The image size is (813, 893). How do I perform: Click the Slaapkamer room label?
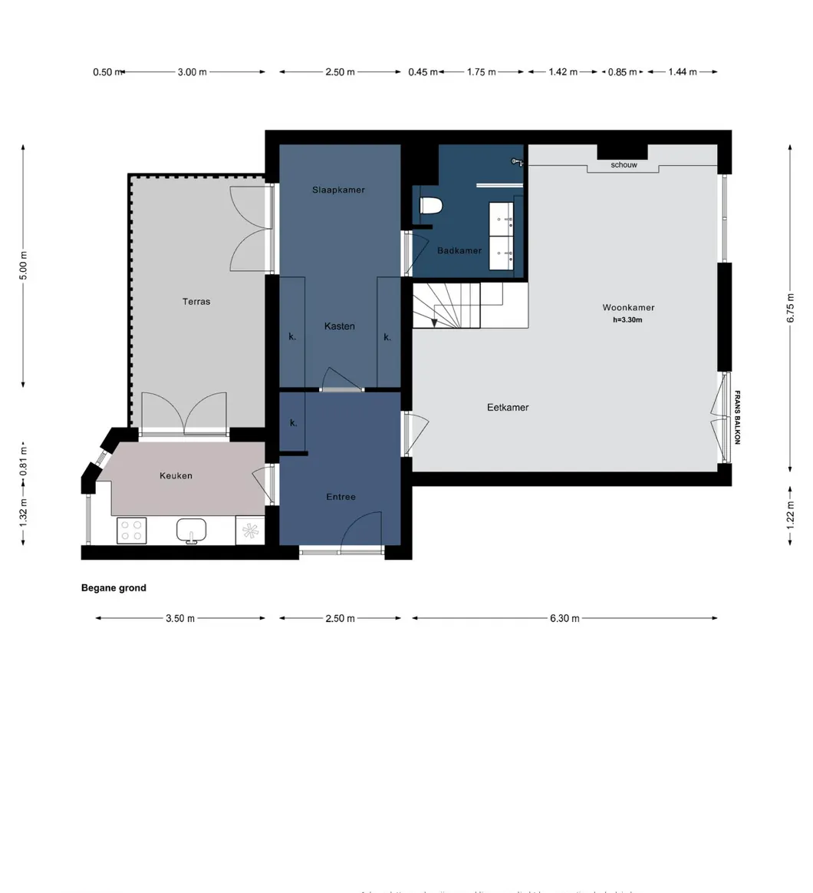[338, 190]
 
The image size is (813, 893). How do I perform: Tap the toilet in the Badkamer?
[432, 206]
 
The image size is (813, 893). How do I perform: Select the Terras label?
[196, 302]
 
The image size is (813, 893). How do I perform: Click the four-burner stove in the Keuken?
[131, 531]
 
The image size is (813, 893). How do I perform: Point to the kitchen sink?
[191, 530]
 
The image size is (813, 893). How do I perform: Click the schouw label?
[624, 165]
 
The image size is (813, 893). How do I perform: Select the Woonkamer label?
[628, 308]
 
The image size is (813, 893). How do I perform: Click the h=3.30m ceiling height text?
[627, 320]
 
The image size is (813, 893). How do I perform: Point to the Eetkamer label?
[508, 408]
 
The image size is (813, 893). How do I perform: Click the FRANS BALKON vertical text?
[737, 418]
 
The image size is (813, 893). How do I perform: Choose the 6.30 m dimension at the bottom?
[564, 618]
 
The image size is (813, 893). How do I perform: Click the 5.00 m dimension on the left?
[24, 266]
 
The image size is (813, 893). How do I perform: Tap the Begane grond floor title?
[114, 588]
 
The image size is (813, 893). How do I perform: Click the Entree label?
[341, 497]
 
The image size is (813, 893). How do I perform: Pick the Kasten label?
[339, 326]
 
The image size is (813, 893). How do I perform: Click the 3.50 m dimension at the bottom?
[180, 618]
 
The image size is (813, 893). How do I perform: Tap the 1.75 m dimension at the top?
[481, 72]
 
